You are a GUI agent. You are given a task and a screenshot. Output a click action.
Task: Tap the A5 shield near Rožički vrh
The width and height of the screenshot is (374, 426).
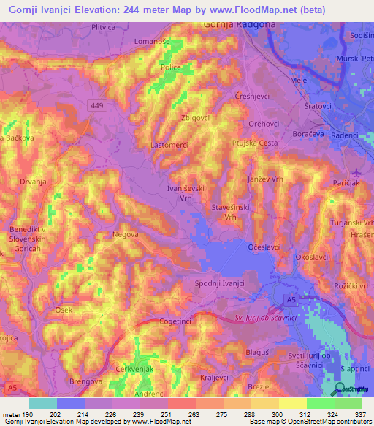291,301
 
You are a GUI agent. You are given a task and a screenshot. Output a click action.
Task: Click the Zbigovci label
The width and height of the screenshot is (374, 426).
195,117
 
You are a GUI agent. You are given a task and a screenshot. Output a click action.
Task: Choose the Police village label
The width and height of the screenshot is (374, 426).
170,67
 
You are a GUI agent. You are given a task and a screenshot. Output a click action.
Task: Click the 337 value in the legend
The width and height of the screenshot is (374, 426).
359,414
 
